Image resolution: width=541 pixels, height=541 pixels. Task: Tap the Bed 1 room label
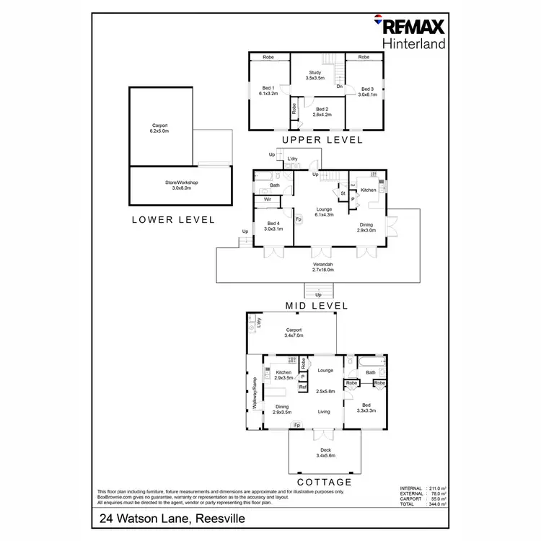tap(268, 91)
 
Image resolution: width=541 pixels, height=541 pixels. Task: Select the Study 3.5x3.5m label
tap(315, 75)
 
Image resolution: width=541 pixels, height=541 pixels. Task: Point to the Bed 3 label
tap(368, 92)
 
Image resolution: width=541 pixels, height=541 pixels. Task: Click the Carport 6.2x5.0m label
tap(159, 128)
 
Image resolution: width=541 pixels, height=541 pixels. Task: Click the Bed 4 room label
tap(274, 226)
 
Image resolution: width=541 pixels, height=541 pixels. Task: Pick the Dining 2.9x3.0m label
tap(366, 227)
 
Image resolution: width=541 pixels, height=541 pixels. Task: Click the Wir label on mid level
tap(267, 199)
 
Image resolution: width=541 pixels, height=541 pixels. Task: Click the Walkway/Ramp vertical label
tap(255, 393)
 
